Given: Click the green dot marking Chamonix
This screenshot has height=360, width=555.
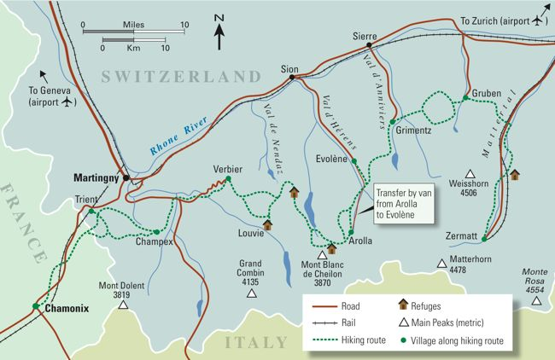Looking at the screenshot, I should [35, 306].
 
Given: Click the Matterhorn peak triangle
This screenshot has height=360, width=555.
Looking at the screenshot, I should [441, 263].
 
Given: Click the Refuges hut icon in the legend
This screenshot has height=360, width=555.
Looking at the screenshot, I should [403, 304].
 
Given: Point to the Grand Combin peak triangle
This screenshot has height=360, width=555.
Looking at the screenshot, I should [251, 293].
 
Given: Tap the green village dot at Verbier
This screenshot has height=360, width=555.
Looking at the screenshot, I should [228, 180].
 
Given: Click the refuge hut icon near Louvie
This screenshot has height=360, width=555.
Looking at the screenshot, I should [267, 224].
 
